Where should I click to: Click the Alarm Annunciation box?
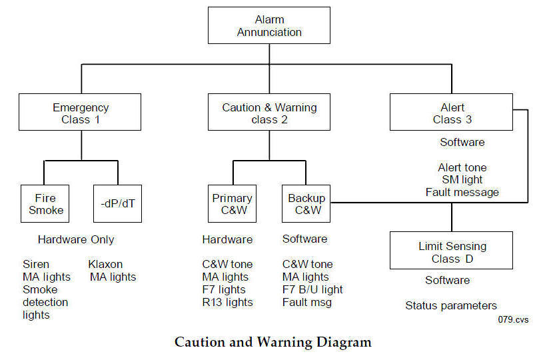point(269,25)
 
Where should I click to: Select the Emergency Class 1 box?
point(80,112)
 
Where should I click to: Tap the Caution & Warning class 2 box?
point(269,112)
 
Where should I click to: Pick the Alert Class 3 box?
point(451,112)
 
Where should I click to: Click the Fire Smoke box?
point(45,203)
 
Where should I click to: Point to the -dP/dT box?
point(117,203)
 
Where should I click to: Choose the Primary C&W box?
point(232,203)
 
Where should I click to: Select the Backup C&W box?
point(306,203)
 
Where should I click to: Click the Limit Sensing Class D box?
point(451,251)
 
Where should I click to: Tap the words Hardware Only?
point(76,239)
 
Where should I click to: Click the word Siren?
point(36,265)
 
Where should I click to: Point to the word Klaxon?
point(105,265)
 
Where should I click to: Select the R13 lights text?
point(227,302)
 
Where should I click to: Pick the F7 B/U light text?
point(312,289)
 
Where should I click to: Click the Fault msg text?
point(307,302)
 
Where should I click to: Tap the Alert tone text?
point(462,167)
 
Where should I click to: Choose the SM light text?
point(462,180)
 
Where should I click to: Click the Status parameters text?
point(451,306)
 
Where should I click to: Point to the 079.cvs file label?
point(513,319)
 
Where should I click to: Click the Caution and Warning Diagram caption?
point(273,342)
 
